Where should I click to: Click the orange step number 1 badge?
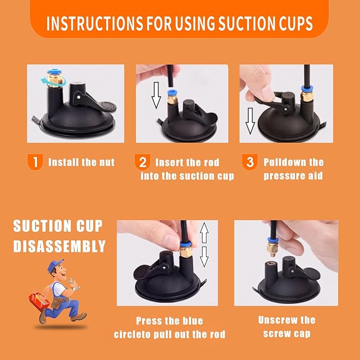(x=35, y=162)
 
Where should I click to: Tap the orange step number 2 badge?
(x=142, y=162)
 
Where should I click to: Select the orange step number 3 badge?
(x=250, y=162)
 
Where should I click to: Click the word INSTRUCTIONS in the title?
(x=95, y=23)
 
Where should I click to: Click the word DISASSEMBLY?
(x=59, y=247)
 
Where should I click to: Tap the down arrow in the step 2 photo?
(x=156, y=95)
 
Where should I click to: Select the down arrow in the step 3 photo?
(x=250, y=121)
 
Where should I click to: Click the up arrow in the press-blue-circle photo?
(x=204, y=233)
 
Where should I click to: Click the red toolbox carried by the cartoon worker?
(x=39, y=300)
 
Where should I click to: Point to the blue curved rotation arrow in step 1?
(x=53, y=81)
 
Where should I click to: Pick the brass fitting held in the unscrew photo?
(x=273, y=248)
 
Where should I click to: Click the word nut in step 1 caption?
(x=107, y=163)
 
